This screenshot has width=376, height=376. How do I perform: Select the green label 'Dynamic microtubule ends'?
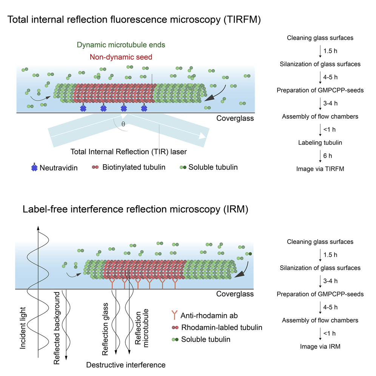click(121, 45)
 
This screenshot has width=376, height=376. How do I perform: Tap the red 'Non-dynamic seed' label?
click(121, 57)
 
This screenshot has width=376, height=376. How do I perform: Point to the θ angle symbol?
click(123, 123)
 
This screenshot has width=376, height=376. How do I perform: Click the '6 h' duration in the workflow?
click(328, 156)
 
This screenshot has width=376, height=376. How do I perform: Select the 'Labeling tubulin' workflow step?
click(320, 143)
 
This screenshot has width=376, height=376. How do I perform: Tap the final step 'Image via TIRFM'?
click(320, 169)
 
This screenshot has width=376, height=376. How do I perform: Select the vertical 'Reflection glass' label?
click(106, 329)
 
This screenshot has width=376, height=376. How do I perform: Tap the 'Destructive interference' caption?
click(126, 365)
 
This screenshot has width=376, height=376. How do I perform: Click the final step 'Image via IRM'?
click(320, 346)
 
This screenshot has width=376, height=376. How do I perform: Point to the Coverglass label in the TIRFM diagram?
click(235, 118)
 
